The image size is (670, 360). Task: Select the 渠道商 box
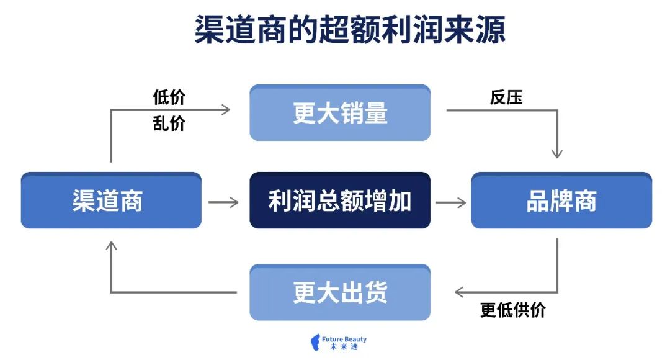[x=111, y=200]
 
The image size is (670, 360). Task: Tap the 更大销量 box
[x=340, y=113]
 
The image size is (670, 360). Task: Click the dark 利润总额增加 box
[x=340, y=200]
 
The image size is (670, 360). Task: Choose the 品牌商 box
[x=561, y=200]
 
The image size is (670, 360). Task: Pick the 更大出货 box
[x=340, y=292]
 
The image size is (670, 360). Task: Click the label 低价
[x=169, y=97]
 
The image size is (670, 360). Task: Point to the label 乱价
[x=169, y=124]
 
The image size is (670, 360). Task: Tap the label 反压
[x=506, y=97]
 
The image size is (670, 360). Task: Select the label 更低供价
[x=513, y=310]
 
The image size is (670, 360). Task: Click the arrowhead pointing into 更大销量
[x=225, y=110]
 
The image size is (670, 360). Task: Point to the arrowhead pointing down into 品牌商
[x=557, y=153]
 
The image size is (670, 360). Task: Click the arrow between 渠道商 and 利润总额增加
[x=223, y=202]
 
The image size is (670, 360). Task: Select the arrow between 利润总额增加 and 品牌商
[x=451, y=202]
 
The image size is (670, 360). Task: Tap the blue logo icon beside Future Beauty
[x=315, y=343]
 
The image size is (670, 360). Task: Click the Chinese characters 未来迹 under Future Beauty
[x=341, y=348]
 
